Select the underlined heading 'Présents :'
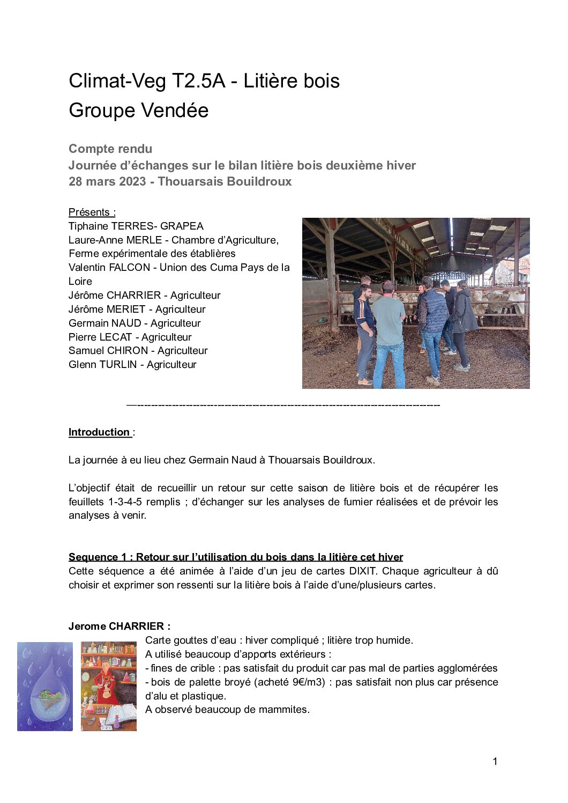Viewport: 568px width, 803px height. coord(92,212)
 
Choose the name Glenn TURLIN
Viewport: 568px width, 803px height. coord(102,364)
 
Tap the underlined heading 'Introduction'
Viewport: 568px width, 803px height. coord(99,432)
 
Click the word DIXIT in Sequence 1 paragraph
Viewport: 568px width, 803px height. coord(363,571)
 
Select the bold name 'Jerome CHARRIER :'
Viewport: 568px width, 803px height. coord(119,626)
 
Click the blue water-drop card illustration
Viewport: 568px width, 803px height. coord(45,687)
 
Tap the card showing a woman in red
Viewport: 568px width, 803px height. coord(109,687)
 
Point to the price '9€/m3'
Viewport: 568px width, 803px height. coord(307,682)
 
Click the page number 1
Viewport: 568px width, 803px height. coord(495,761)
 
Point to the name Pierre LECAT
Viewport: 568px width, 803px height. coord(100,337)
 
